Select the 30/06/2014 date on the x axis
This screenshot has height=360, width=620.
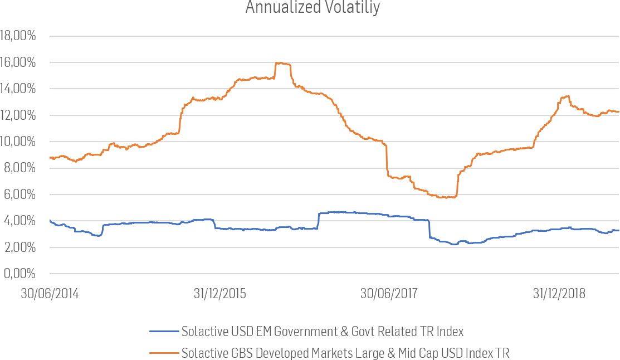pos(50,294)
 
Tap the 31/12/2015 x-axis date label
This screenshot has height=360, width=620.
pos(219,294)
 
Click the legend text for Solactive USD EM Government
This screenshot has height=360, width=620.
pos(323,332)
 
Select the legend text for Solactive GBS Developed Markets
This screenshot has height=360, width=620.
pos(345,353)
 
